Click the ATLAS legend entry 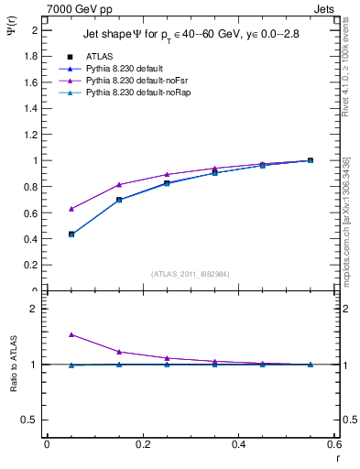(98, 57)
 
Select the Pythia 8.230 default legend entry (123, 69)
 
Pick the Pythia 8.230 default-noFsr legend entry (130, 82)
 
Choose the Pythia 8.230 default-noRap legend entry (131, 93)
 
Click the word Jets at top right (324, 7)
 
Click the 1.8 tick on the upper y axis (31, 56)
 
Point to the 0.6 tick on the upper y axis (31, 213)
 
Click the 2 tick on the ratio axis (34, 309)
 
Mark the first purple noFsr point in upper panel (71, 209)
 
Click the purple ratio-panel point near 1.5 (71, 335)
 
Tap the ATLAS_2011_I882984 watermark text (190, 273)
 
